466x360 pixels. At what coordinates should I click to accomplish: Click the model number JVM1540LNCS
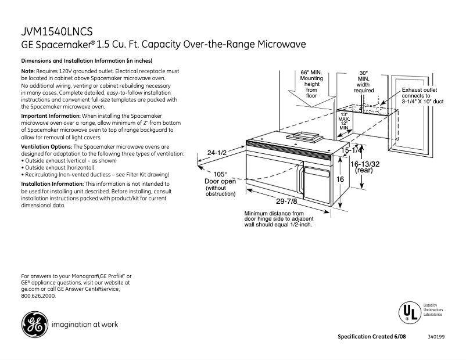(x=56, y=32)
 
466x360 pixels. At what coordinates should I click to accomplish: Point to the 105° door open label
(x=220, y=174)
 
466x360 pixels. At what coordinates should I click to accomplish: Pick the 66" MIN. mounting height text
(x=311, y=84)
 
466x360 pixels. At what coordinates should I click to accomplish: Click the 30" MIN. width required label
(x=364, y=82)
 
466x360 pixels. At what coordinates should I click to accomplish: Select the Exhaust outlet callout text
(x=422, y=96)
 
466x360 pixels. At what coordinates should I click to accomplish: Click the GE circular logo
(x=35, y=325)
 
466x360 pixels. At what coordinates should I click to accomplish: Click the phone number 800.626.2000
(x=38, y=296)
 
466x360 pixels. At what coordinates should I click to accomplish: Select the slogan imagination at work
(x=85, y=325)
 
